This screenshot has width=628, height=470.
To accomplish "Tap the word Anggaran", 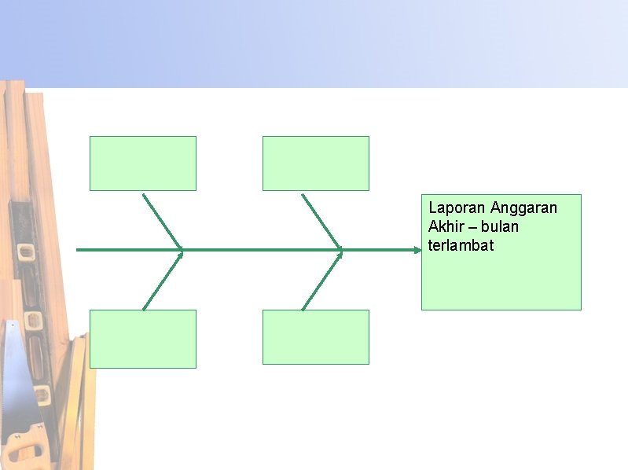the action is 523,208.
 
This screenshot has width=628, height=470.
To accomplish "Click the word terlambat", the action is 461,246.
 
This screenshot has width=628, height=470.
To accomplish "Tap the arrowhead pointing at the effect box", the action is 417,250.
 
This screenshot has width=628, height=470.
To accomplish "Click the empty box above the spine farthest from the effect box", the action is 142,163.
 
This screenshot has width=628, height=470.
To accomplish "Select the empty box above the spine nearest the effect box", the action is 315,163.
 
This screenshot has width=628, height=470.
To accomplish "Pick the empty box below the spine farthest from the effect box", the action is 142,339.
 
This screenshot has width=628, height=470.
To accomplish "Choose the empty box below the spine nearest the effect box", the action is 315,339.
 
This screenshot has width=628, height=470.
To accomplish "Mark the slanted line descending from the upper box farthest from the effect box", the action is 161,220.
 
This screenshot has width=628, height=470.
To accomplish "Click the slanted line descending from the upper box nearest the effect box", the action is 321,220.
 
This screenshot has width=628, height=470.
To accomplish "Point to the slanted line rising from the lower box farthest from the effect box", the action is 161,281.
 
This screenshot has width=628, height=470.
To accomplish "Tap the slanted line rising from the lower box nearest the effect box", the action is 321,281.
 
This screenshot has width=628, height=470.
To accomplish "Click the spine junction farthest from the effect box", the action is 182,250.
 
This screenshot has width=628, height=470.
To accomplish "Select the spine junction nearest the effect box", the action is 342,250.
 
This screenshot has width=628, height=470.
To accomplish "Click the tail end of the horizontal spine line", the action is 79,250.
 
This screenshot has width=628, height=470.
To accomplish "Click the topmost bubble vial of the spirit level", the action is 26,253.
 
